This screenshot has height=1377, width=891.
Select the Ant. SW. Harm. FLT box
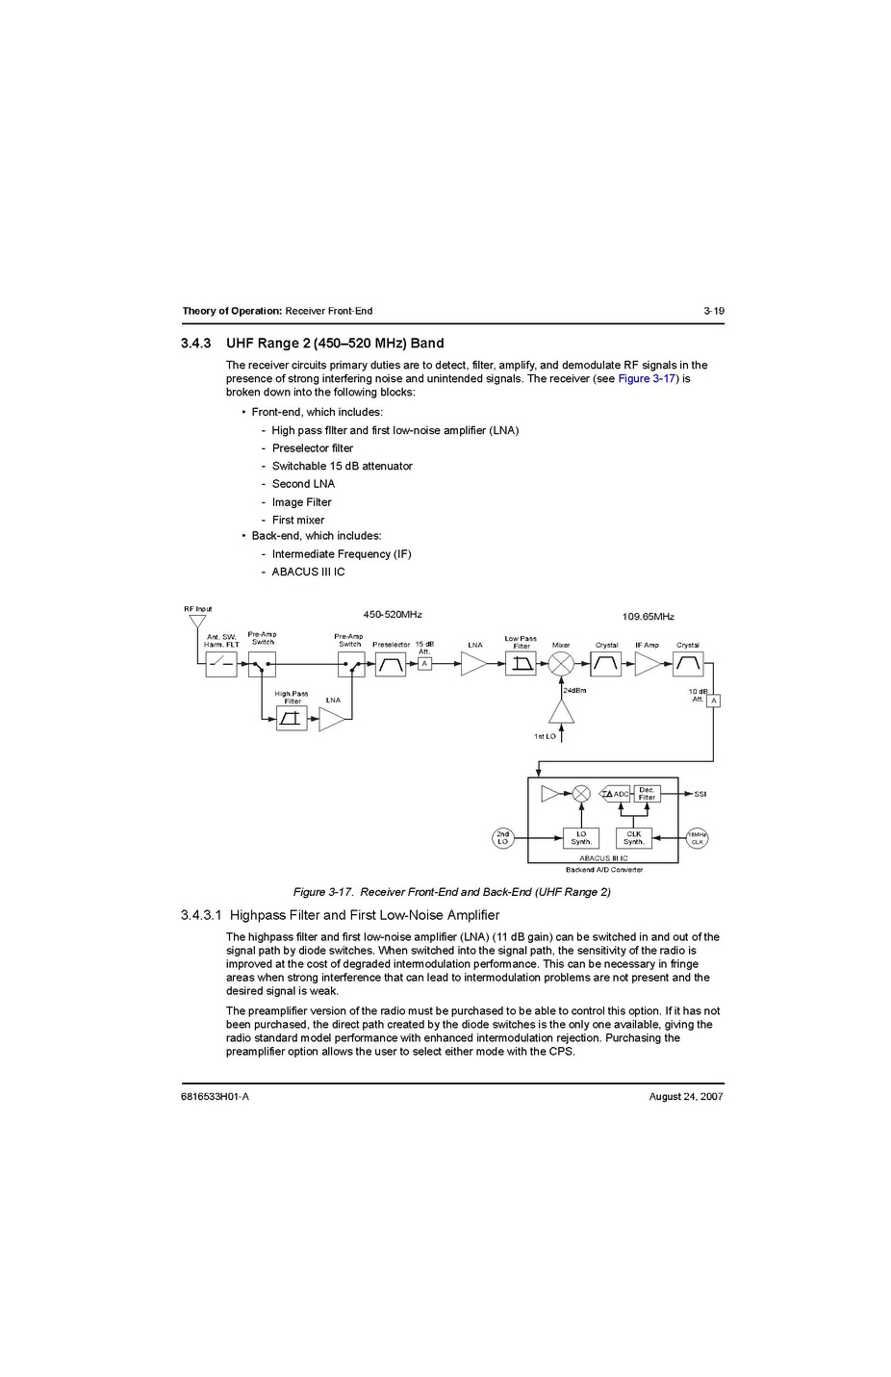(221, 664)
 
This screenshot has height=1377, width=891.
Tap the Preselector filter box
(391, 664)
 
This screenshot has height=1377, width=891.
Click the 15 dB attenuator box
(424, 664)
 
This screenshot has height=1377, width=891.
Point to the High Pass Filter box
(292, 718)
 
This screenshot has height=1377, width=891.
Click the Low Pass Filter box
(521, 664)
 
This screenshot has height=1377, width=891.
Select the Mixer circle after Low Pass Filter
(561, 664)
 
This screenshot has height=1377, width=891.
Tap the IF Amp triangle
(648, 664)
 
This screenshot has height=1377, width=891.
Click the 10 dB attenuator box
(713, 701)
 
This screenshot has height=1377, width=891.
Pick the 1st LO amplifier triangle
(561, 712)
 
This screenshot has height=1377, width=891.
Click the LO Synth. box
(581, 838)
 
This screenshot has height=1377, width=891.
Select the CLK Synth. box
(633, 838)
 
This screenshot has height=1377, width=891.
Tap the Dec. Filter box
(647, 794)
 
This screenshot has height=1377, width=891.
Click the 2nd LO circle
(502, 838)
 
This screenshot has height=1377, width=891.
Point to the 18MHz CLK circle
(697, 838)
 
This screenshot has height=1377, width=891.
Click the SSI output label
(700, 795)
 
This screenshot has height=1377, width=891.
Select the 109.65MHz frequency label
(648, 617)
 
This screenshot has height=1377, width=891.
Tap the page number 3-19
(713, 311)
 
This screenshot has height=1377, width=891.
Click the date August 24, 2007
(686, 1096)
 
